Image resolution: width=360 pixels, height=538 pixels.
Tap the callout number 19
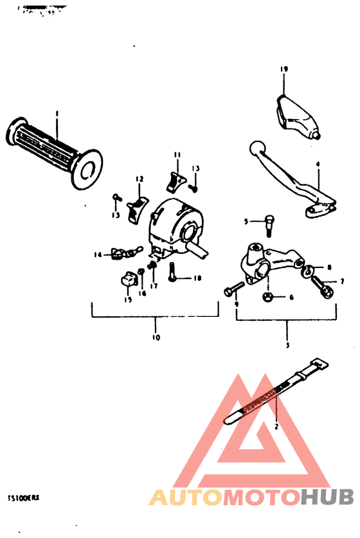click(x=283, y=69)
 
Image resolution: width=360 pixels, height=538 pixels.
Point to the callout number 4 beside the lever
click(x=318, y=165)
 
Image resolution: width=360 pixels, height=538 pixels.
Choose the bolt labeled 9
click(x=231, y=292)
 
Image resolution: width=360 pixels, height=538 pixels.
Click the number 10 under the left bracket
click(x=156, y=337)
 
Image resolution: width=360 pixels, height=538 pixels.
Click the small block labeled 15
click(x=129, y=280)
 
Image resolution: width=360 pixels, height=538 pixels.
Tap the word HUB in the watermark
click(x=328, y=497)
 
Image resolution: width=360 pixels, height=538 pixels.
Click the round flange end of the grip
click(x=88, y=168)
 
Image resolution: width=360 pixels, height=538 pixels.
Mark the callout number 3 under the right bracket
click(x=287, y=345)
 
